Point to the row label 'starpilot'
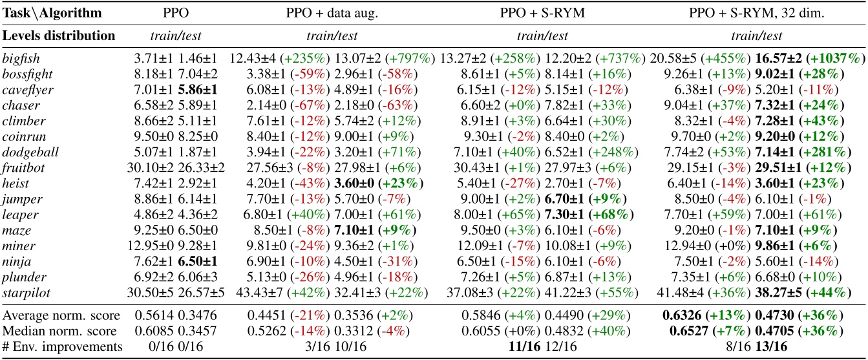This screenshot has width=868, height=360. (x=23, y=292)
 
